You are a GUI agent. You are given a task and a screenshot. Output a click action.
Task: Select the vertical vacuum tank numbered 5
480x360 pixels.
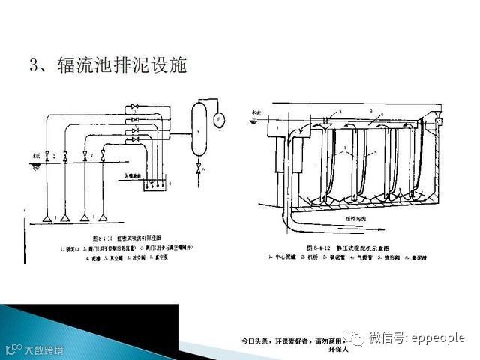(198, 130)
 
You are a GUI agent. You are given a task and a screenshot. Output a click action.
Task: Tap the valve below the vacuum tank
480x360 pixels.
(198, 169)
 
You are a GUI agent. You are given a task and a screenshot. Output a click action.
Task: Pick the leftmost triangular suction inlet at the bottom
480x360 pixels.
(46, 217)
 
